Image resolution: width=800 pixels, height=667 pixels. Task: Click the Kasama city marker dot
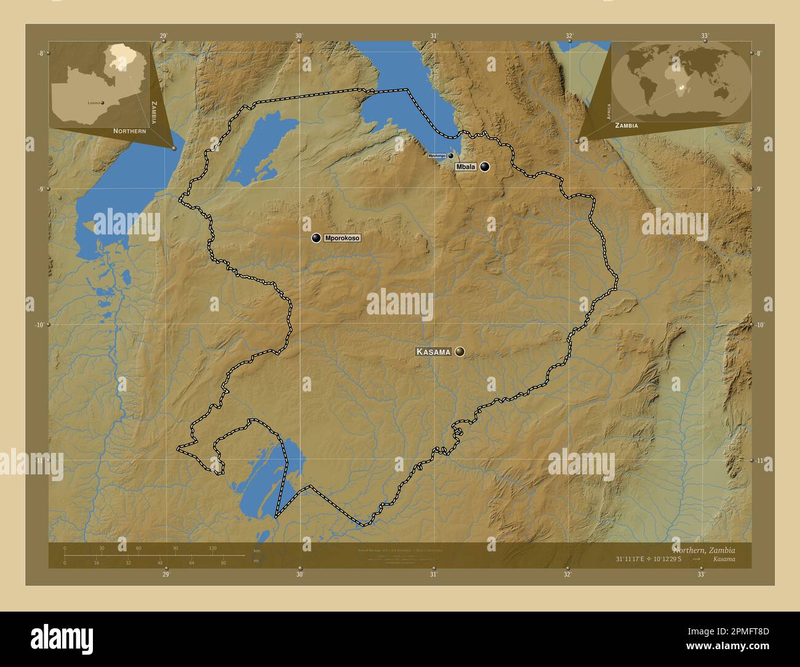(x=460, y=352)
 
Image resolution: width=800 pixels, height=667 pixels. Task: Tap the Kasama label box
(x=433, y=352)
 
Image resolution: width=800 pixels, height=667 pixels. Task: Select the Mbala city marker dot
(x=485, y=167)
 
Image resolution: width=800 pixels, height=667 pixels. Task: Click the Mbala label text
(x=465, y=167)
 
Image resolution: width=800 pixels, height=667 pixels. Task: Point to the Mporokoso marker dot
(x=316, y=238)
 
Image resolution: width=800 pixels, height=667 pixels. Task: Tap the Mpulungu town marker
(x=450, y=156)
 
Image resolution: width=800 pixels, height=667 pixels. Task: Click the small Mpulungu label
(x=437, y=156)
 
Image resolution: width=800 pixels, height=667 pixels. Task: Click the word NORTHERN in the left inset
(x=129, y=131)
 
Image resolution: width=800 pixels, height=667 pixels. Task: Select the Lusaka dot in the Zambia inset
(x=103, y=103)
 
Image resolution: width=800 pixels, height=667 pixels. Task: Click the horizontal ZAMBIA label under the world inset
(x=625, y=125)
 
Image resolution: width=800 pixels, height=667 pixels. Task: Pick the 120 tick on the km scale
(x=212, y=548)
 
